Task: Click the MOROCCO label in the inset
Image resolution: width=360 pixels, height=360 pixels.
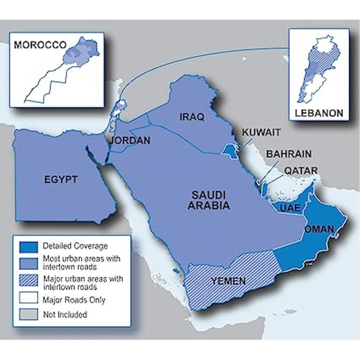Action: [41, 45]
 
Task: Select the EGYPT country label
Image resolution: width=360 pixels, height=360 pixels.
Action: [60, 179]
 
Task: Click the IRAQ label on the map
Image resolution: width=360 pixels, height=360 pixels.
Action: [191, 117]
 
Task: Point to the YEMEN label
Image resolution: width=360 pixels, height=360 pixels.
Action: [228, 281]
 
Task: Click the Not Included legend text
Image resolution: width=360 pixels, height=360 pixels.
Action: [65, 314]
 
